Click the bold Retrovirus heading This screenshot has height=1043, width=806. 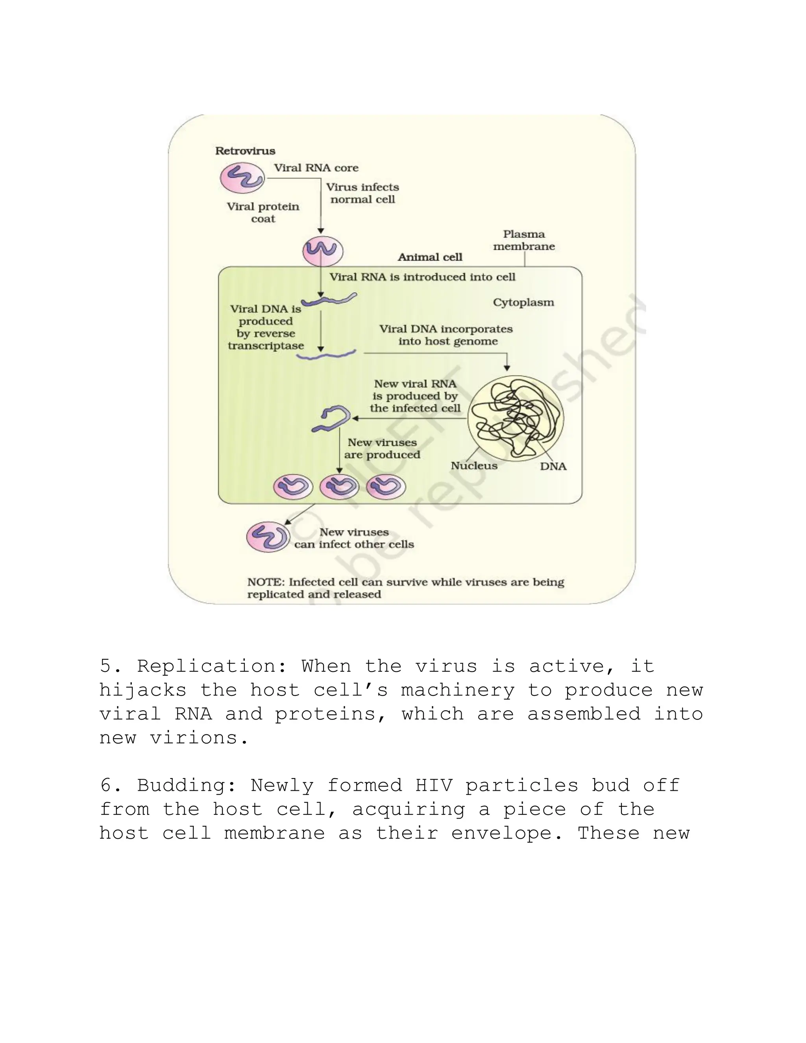(245, 151)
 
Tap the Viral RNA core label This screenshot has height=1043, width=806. (316, 168)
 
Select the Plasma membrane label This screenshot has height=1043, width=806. (524, 240)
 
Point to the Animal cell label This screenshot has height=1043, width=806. (430, 257)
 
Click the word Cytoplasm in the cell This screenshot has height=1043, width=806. (523, 302)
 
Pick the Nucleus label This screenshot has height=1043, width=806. (474, 466)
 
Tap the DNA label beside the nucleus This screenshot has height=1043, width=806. (553, 466)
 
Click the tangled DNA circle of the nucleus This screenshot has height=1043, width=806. (515, 418)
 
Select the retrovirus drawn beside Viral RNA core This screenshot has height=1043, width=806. (242, 178)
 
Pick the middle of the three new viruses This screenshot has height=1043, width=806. (339, 488)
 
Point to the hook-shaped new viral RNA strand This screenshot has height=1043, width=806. (331, 419)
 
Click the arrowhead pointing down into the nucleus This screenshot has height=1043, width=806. (507, 368)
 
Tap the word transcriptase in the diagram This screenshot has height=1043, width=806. (266, 346)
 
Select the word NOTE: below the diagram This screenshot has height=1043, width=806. (266, 582)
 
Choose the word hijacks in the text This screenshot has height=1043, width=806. (143, 690)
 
